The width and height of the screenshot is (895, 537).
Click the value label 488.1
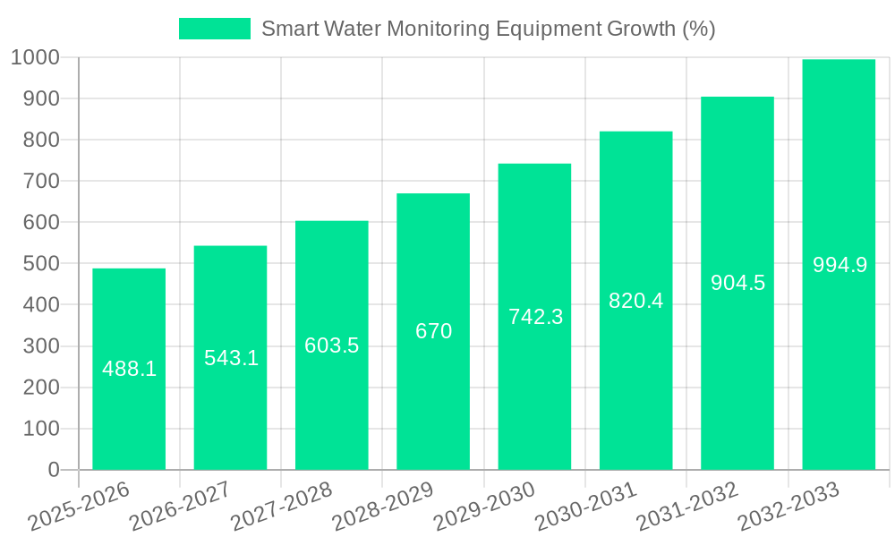pos(129,369)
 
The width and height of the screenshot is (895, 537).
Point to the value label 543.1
pos(231,358)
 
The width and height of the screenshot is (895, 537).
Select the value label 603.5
pos(332,345)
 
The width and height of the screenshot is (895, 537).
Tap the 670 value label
pos(433,331)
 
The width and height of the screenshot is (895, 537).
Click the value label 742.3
pos(535,316)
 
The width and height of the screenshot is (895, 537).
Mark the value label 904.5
pos(737,283)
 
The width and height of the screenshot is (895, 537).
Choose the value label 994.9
pos(840,265)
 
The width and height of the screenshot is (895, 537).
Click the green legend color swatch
pos(215,29)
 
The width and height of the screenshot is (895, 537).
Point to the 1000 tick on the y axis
pos(35,57)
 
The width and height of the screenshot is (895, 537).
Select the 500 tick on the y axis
pos(41,264)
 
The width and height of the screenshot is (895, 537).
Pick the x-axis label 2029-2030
pos(484,507)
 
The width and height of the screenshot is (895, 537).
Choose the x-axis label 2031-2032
pos(687,507)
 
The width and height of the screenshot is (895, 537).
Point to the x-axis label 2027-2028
pos(282,507)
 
